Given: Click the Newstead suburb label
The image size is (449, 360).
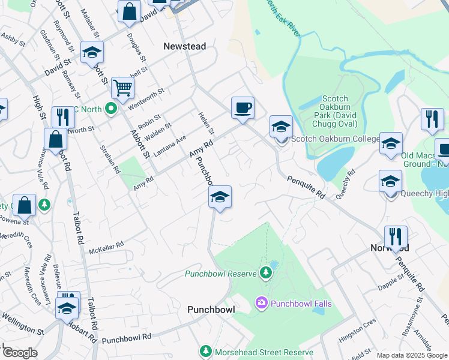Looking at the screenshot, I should [x=184, y=46].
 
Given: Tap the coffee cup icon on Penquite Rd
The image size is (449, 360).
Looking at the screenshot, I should [x=243, y=108].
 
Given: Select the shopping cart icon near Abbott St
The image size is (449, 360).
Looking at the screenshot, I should [x=122, y=88].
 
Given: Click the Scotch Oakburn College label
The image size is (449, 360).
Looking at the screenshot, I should [x=335, y=139].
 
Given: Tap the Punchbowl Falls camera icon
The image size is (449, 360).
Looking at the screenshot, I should [x=261, y=304].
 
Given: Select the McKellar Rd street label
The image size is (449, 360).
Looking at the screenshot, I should [x=106, y=246].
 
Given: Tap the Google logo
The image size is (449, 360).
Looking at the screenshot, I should [x=19, y=353].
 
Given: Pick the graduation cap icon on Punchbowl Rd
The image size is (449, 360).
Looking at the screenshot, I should [x=220, y=197].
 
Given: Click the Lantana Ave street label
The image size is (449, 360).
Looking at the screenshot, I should [x=173, y=143].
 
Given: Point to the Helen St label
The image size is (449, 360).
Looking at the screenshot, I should [x=206, y=123].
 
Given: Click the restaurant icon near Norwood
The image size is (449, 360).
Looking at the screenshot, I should [x=396, y=237].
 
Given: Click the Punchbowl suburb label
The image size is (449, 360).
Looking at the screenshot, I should [x=209, y=310].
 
